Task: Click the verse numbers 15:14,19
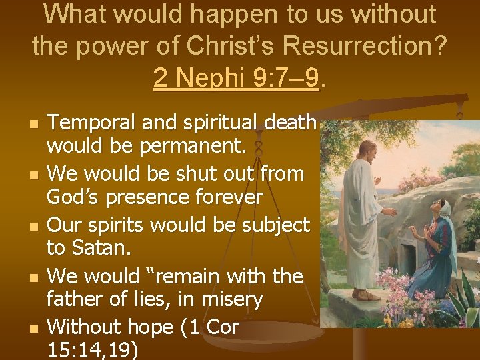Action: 93,350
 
